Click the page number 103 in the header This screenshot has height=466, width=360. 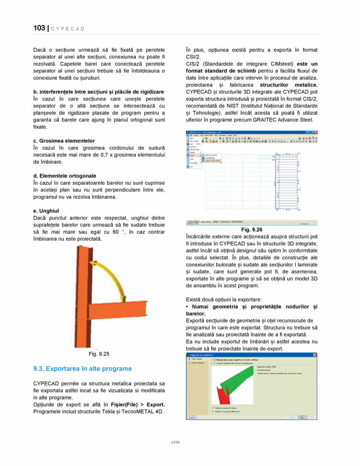coord(39,28)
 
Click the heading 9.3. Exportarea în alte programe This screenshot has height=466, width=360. coord(83,368)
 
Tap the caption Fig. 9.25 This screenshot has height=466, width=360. coord(99,354)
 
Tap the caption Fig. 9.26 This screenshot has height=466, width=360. coord(251,229)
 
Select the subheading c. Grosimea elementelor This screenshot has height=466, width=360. coord(64,141)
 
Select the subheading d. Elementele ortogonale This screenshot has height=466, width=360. coord(65,176)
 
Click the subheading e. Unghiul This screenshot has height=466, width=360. coord(46,211)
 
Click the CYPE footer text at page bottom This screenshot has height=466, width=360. coord(175,442)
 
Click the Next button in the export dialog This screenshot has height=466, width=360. coord(302,417)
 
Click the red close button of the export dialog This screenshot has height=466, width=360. coord(315,355)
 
